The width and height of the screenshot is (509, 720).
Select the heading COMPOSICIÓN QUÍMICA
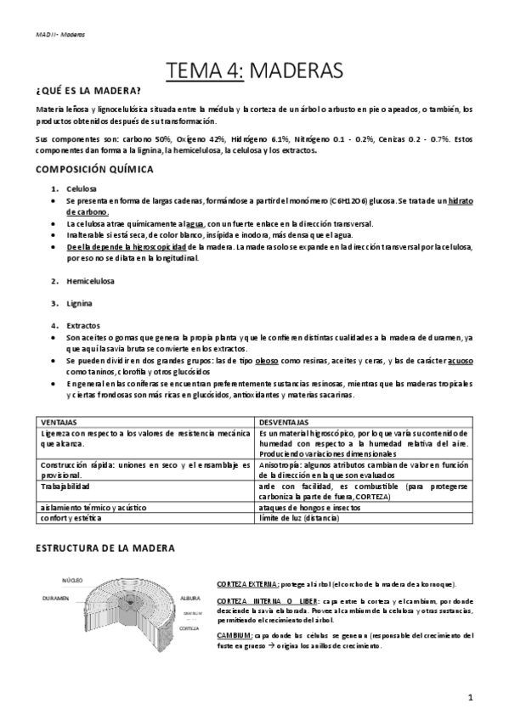coord(95,169)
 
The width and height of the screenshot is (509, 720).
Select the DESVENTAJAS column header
coord(285,421)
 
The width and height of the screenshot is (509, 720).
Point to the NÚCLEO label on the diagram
coord(71,581)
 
